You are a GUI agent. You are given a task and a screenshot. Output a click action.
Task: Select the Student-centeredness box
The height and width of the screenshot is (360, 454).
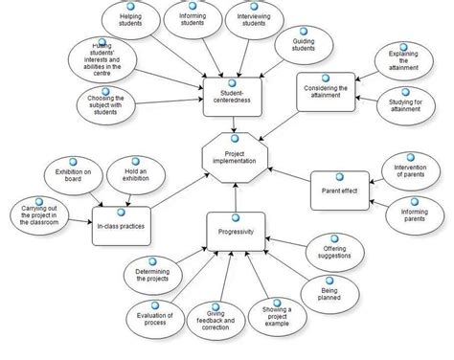(229, 94)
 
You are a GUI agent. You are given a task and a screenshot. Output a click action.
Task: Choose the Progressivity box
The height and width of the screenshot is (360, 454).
(236, 230)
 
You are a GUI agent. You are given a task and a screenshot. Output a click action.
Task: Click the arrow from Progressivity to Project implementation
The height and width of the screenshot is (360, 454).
(236, 196)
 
